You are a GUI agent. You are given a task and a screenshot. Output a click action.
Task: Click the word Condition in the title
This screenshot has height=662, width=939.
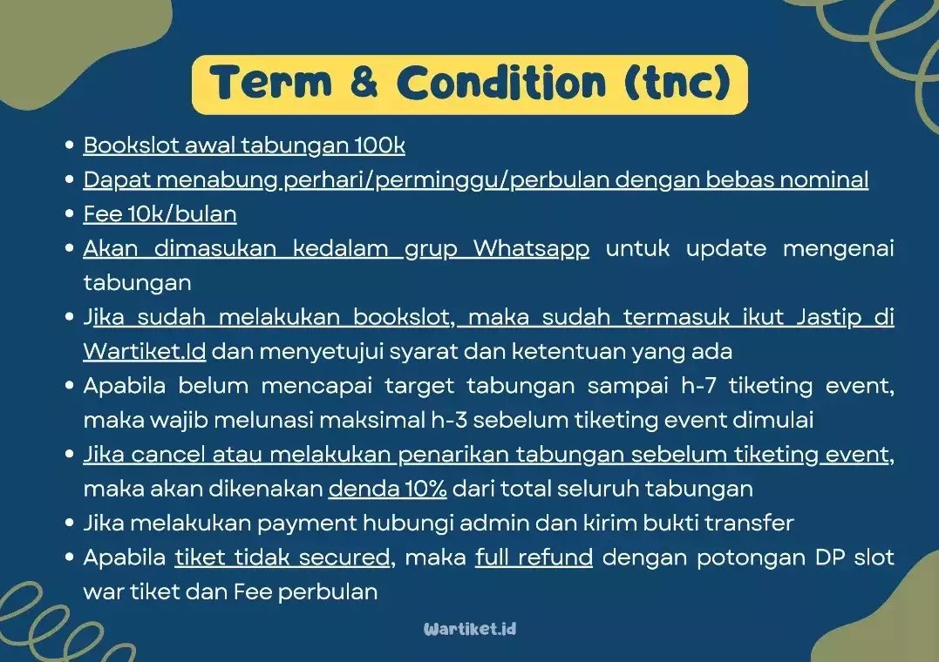coord(500,84)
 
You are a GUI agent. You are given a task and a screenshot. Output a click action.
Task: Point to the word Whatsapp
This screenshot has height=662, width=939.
coord(531,248)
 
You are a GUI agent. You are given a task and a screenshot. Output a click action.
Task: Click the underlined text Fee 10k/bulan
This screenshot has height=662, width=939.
coord(160,213)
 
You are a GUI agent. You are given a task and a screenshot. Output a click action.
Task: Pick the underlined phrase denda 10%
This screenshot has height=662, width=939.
coord(387,489)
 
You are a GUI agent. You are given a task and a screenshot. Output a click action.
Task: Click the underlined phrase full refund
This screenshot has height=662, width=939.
coord(534,557)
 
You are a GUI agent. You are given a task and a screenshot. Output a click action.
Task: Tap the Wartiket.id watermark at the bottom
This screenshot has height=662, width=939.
coord(470,628)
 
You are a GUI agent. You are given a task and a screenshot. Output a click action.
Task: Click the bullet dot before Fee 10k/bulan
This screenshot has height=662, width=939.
coord(69,214)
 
